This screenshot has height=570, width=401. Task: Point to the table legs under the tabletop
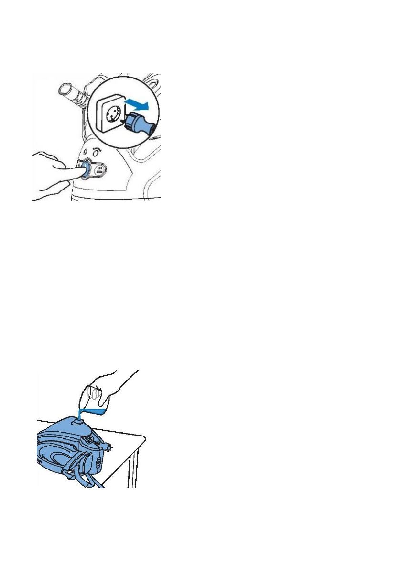(135, 469)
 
